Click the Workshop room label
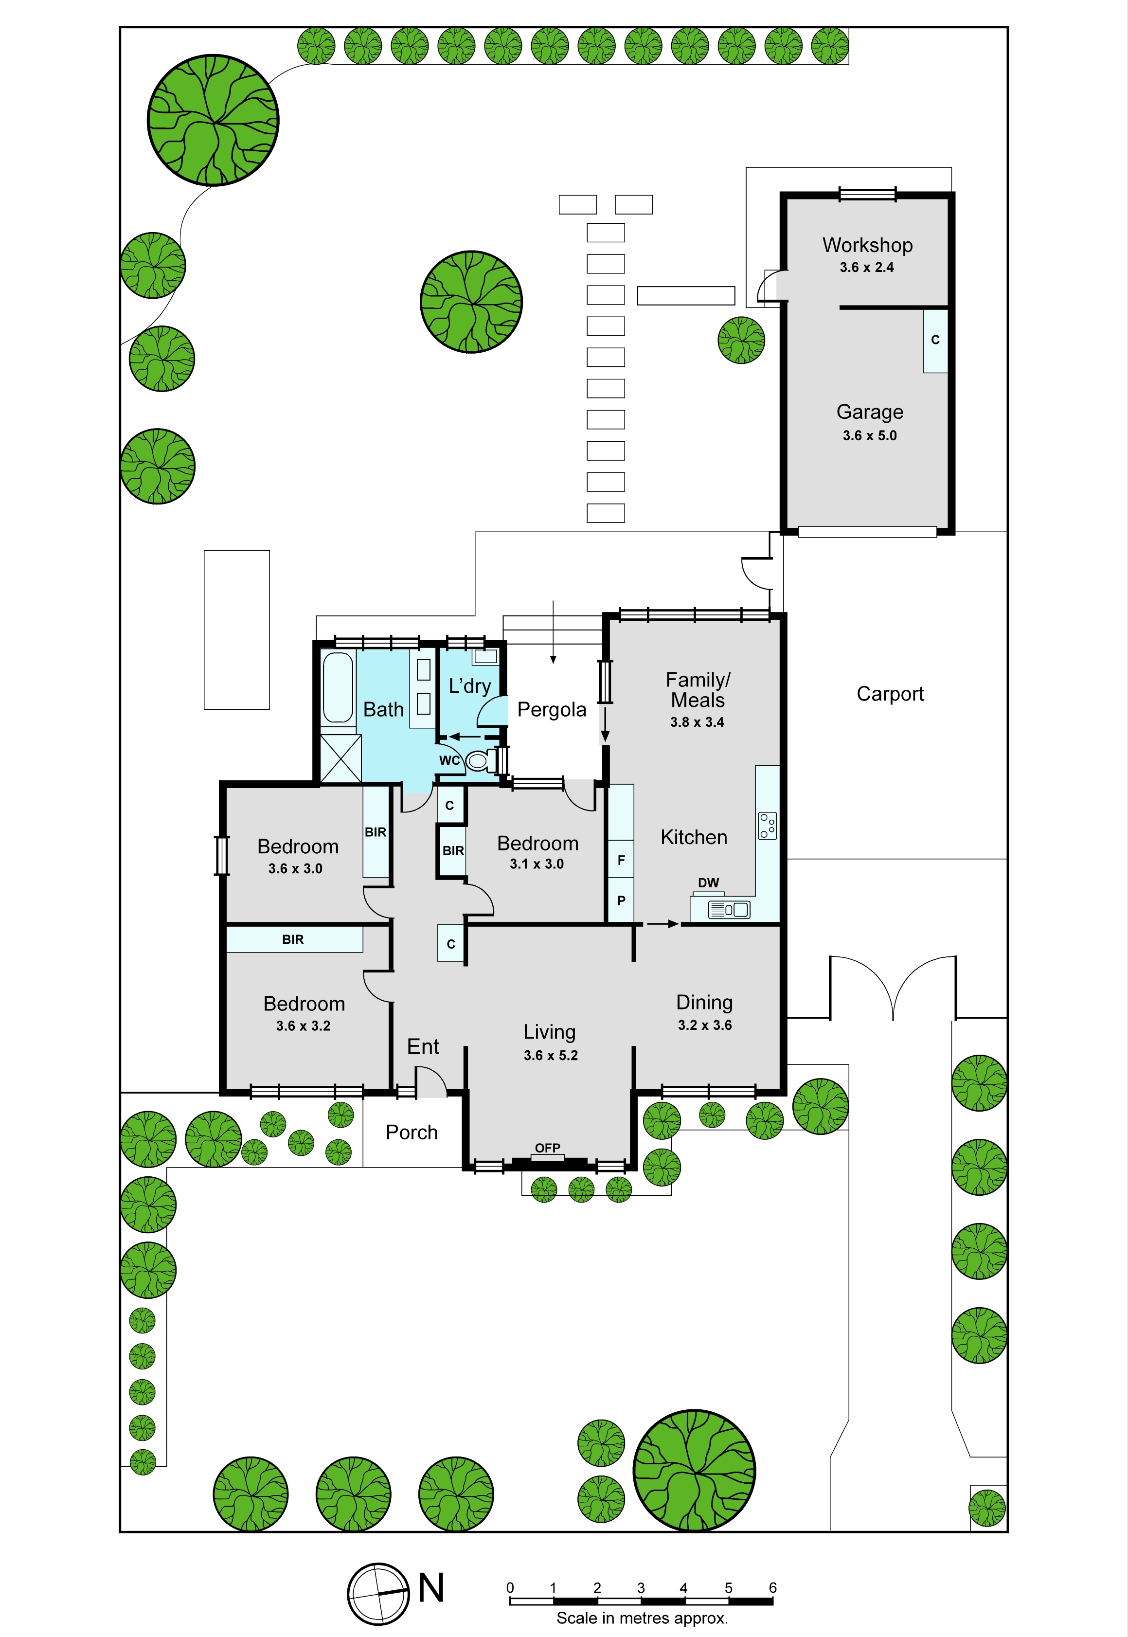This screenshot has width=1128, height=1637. click(867, 245)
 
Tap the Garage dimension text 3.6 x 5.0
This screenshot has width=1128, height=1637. click(869, 435)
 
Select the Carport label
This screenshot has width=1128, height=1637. click(890, 694)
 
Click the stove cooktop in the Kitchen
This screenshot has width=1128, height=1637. click(768, 825)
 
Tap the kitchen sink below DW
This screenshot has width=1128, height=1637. click(729, 910)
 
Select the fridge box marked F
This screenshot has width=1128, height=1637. click(621, 860)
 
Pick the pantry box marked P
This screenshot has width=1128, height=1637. click(621, 900)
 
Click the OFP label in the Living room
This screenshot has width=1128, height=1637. click(548, 1148)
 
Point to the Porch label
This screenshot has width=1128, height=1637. click(412, 1133)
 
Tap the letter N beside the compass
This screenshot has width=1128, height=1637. click(431, 1587)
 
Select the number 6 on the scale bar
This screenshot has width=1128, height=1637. click(772, 1587)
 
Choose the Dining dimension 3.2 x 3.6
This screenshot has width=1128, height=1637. click(705, 1025)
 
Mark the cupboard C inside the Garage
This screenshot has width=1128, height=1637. click(935, 341)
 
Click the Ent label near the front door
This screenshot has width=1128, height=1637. click(423, 1047)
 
